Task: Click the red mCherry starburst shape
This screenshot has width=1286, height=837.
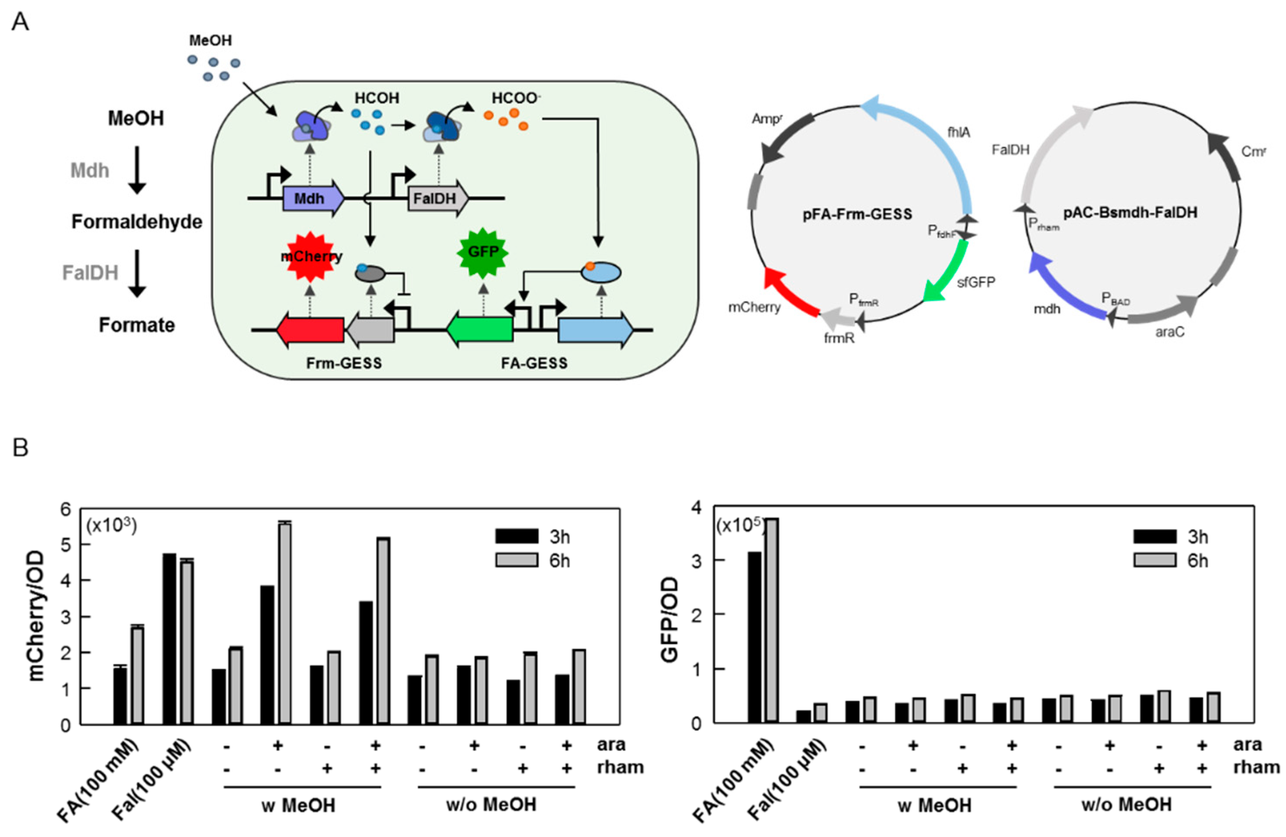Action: click(310, 257)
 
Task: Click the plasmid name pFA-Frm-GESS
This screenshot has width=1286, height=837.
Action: click(857, 215)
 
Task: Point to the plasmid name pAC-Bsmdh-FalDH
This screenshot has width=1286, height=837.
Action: click(1130, 213)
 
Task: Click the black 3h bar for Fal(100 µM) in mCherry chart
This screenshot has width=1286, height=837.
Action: click(169, 638)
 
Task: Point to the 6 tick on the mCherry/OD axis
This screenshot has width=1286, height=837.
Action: click(66, 509)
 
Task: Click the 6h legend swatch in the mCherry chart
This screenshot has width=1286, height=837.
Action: click(517, 560)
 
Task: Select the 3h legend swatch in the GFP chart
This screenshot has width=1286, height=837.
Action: click(1155, 536)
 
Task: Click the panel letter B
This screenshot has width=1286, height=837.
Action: click(20, 448)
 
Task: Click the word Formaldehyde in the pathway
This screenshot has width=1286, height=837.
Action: click(137, 222)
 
